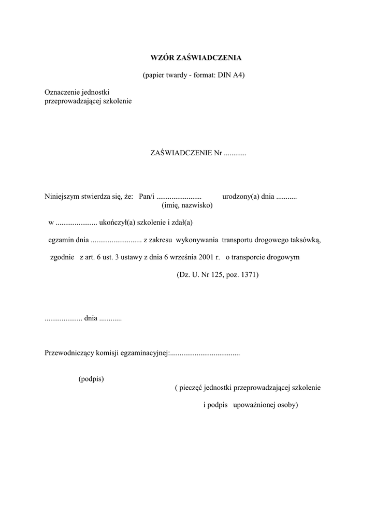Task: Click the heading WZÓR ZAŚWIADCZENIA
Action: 193,57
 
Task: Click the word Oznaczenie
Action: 61,92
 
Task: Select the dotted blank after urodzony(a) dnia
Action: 286,197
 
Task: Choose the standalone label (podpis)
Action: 91,379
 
